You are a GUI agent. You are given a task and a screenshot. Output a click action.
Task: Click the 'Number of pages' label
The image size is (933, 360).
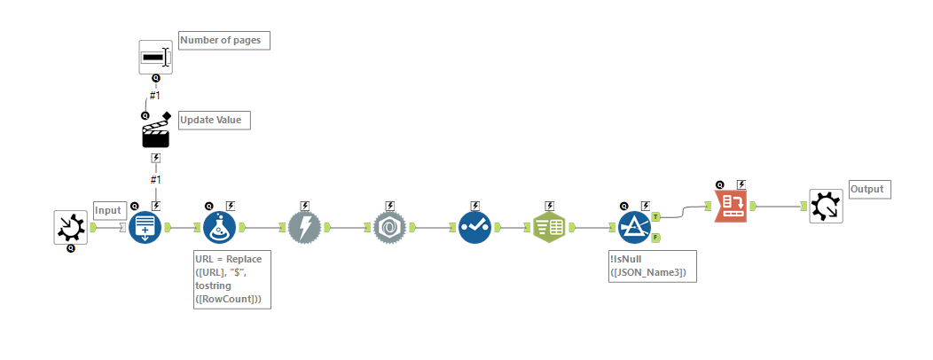pos(224,40)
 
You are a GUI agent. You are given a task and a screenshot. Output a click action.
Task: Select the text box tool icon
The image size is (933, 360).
pos(155,58)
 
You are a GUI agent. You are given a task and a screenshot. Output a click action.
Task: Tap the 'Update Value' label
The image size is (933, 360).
pos(214,120)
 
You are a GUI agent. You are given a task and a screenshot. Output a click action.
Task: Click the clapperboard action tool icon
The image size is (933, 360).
pos(155,134)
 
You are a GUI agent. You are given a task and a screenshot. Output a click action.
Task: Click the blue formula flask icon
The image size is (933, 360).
pos(218,228)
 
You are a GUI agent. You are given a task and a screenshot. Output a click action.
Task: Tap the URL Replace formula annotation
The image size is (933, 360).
pos(232,279)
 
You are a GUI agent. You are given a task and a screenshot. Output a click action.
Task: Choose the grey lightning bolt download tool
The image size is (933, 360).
pos(304,228)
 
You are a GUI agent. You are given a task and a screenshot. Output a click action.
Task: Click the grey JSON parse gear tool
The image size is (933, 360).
pos(389,228)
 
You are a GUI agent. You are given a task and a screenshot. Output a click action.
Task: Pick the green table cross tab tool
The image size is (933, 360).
pos(550,228)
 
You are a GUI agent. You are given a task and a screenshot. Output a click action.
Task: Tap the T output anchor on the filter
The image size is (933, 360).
pos(656,216)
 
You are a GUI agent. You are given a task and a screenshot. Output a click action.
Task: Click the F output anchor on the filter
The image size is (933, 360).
pos(656,238)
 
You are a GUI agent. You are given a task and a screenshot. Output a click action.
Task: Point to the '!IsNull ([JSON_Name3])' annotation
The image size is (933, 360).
pos(652,265)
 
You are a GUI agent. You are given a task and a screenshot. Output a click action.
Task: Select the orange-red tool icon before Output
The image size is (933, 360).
pos(732,206)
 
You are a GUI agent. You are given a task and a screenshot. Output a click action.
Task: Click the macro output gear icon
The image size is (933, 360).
pos(826,206)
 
